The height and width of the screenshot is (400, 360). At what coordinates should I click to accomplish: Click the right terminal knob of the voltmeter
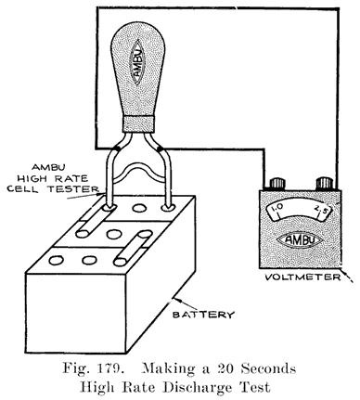322,184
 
